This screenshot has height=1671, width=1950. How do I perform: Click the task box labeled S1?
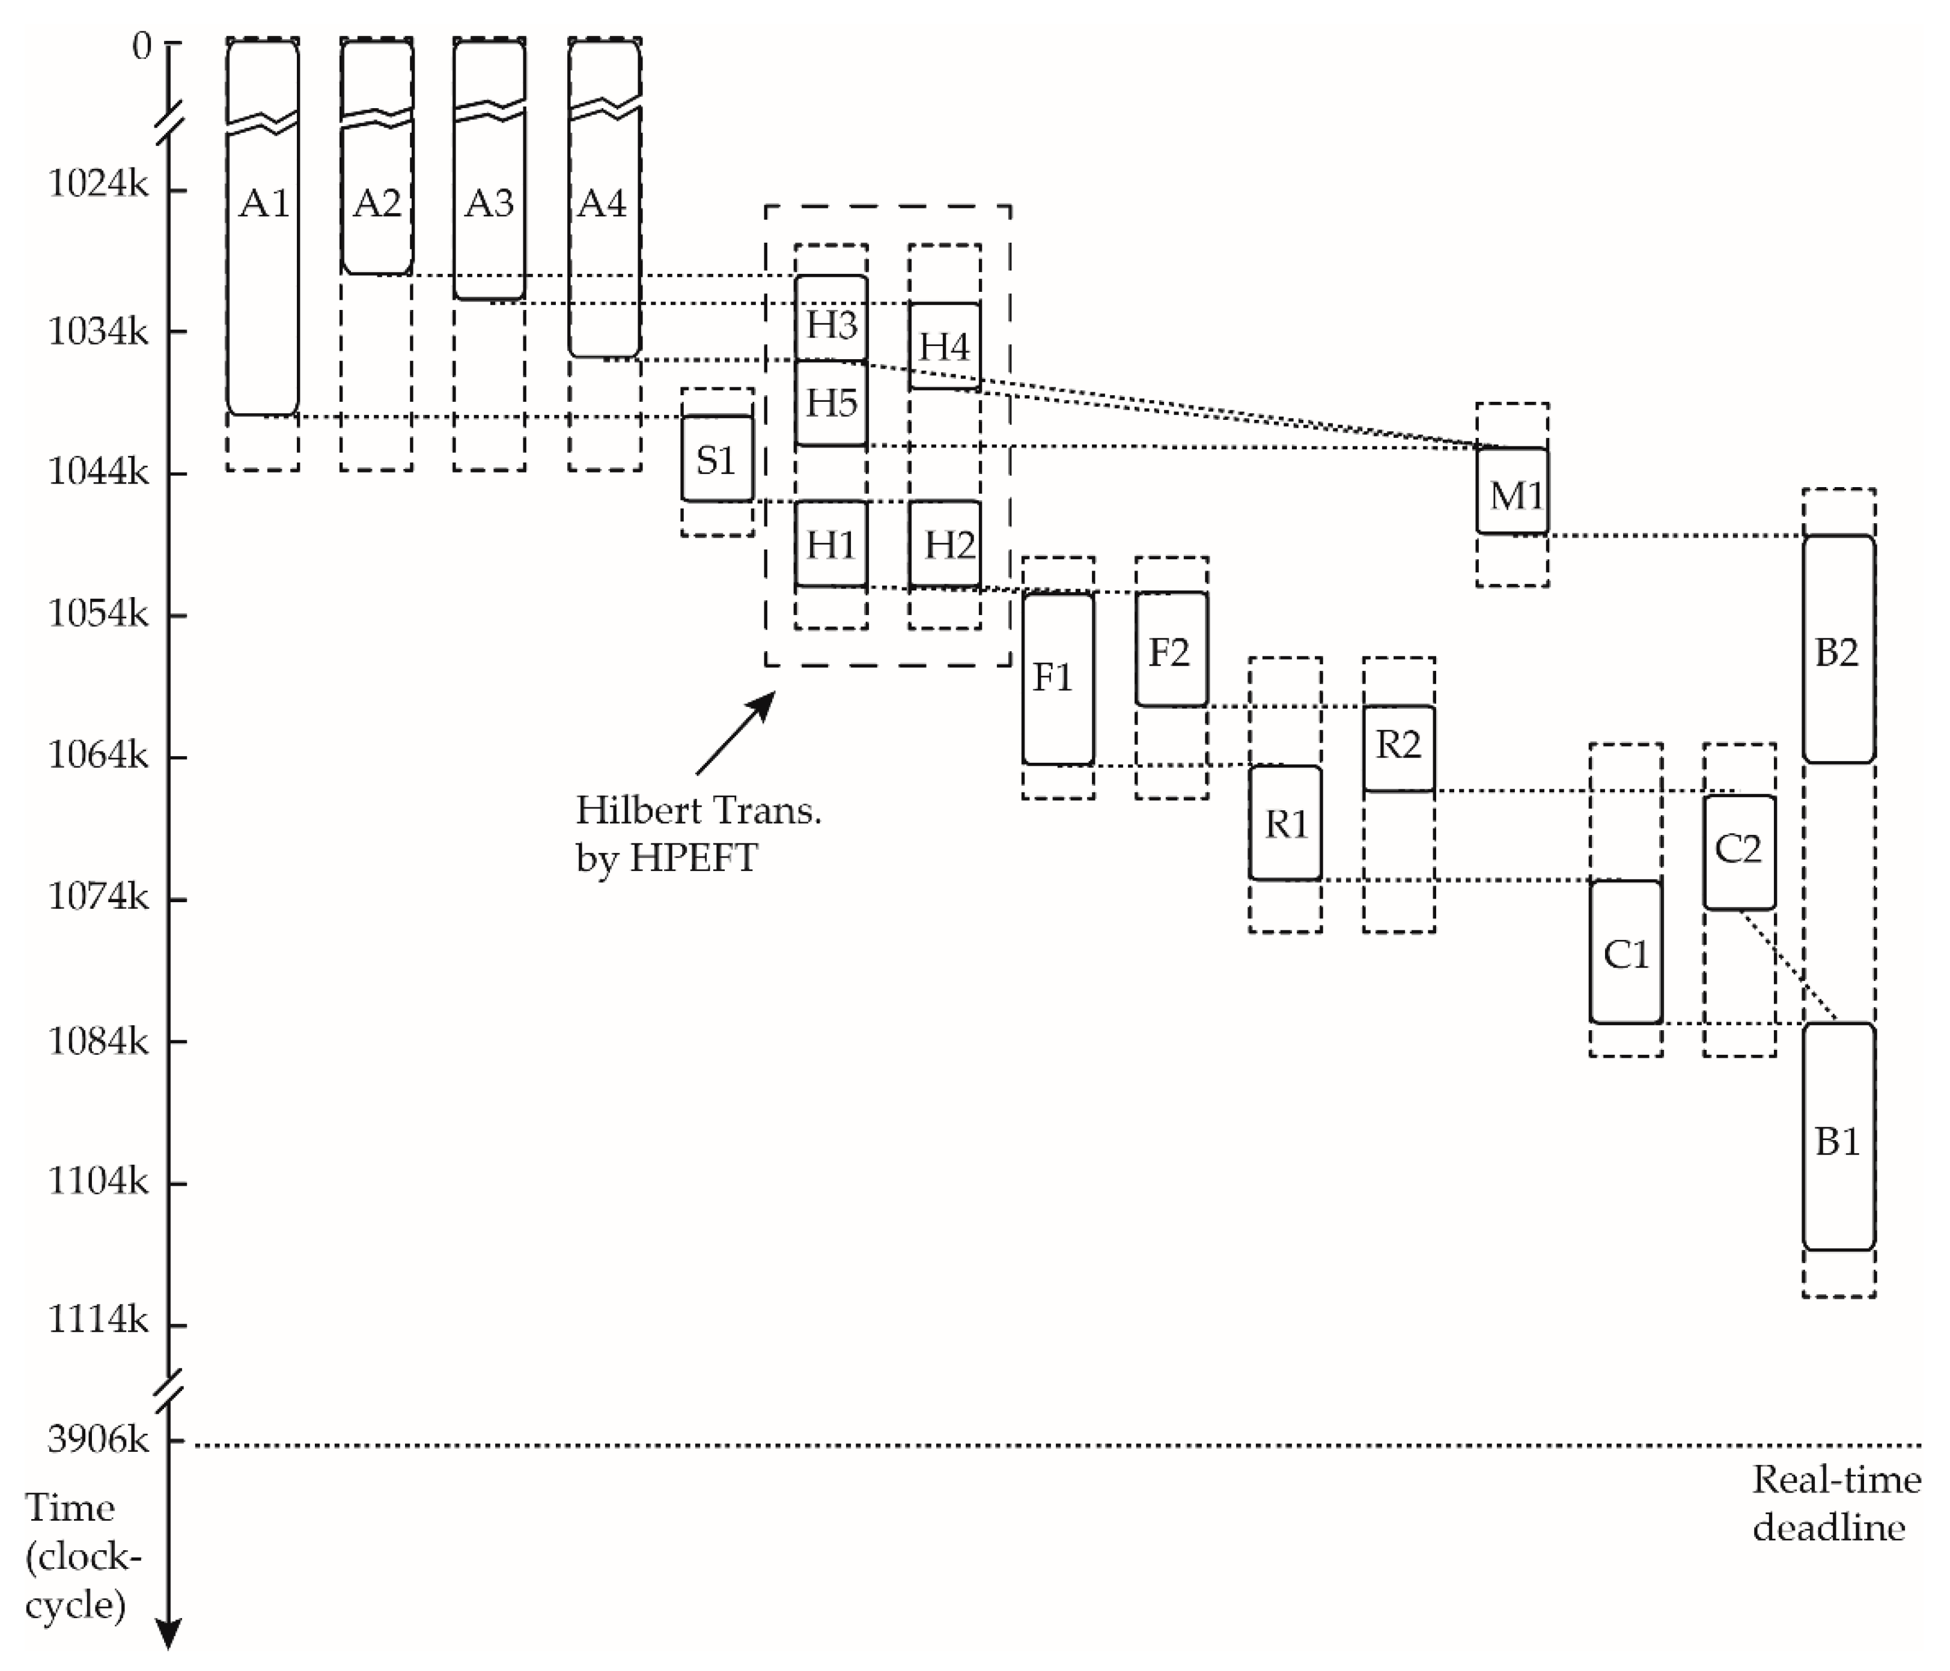pyautogui.click(x=717, y=459)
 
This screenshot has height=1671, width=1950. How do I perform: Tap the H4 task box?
pyautogui.click(x=944, y=346)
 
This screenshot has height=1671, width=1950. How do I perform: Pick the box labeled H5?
pyautogui.click(x=831, y=402)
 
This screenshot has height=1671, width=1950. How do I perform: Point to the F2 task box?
pyautogui.click(x=1171, y=649)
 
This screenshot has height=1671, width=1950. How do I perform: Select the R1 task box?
pyautogui.click(x=1285, y=823)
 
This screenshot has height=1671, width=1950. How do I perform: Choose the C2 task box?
pyautogui.click(x=1739, y=852)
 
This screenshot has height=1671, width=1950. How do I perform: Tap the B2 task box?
pyautogui.click(x=1838, y=649)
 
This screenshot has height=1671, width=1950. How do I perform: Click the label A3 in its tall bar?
pyautogui.click(x=489, y=202)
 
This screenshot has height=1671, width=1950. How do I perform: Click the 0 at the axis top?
pyautogui.click(x=141, y=45)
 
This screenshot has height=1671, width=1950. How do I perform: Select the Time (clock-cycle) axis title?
pyautogui.click(x=79, y=1556)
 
